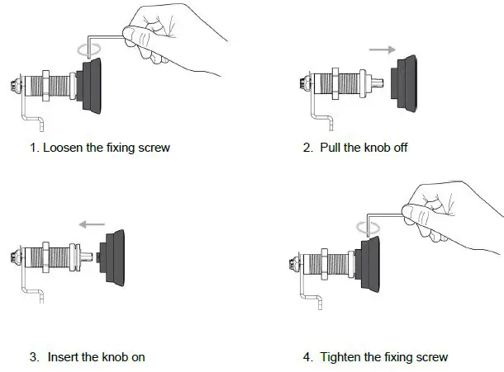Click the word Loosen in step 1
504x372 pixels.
tap(61, 148)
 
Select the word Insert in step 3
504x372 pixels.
tap(66, 357)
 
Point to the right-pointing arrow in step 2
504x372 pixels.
tap(381, 49)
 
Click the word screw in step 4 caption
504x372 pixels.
tap(431, 357)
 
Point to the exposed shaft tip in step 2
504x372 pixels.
tap(381, 83)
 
